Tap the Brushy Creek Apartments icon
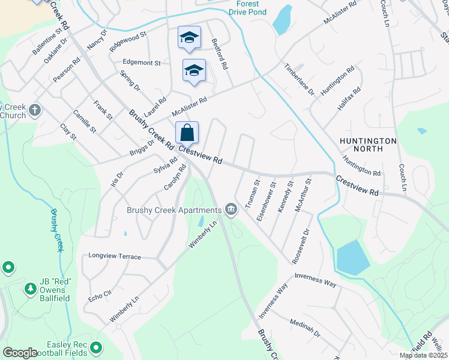coord(232,209)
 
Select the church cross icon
coord(35,110)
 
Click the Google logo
coord(20,353)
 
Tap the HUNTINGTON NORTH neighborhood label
coord(369,145)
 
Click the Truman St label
coord(256,190)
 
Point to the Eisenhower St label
coord(267,202)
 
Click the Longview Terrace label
coord(115,256)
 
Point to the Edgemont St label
coord(142,62)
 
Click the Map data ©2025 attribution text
coord(424,355)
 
